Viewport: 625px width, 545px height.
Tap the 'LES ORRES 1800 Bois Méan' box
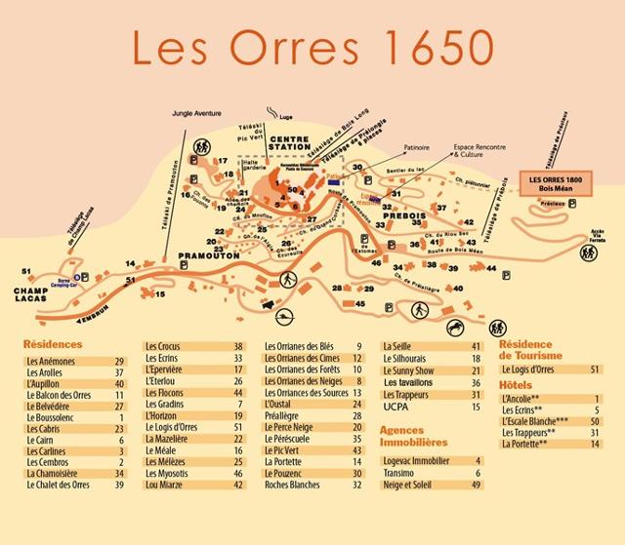555,185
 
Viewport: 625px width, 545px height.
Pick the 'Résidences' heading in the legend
54,344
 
